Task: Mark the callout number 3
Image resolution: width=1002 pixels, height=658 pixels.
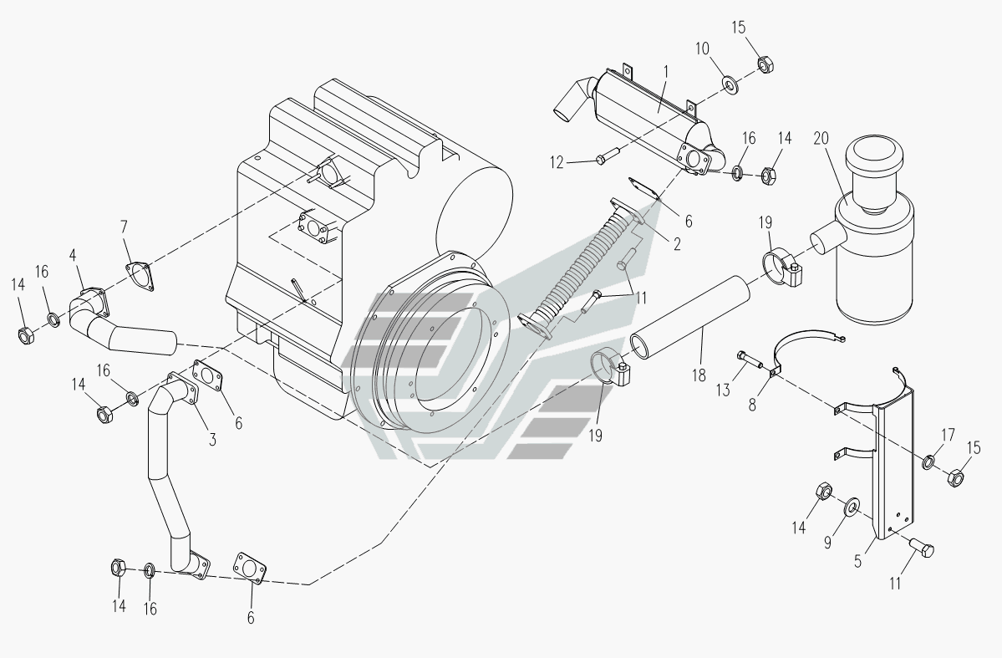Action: (212, 439)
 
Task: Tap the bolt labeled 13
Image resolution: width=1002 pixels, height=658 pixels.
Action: (751, 361)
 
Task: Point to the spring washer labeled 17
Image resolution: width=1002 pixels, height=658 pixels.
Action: (929, 462)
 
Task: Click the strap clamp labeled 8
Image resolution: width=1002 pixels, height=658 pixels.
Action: (806, 343)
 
